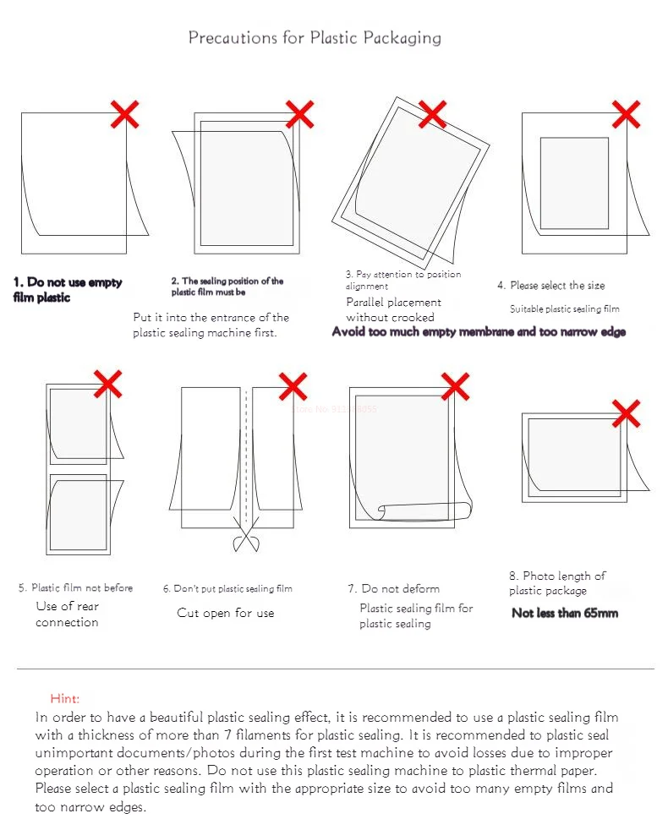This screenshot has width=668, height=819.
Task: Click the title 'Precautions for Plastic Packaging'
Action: [314, 38]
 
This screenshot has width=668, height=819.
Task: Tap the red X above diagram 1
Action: [124, 114]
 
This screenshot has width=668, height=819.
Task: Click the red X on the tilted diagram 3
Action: [431, 114]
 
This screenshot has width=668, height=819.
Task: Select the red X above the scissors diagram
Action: [293, 386]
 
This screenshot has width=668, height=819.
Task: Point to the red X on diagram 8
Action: [625, 414]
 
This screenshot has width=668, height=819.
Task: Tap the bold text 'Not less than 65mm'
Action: [565, 613]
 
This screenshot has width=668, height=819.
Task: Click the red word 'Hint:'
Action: [65, 698]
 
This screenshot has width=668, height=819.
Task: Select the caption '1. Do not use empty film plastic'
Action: [68, 290]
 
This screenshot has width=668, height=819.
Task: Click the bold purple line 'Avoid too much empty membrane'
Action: [479, 332]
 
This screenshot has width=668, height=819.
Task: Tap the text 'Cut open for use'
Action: [226, 613]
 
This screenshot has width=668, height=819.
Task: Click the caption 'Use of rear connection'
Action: [67, 614]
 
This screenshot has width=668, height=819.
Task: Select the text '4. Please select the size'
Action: [551, 286]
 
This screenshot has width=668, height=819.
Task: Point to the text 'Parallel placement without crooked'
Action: [393, 309]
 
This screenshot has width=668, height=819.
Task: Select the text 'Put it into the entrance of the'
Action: [211, 318]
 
